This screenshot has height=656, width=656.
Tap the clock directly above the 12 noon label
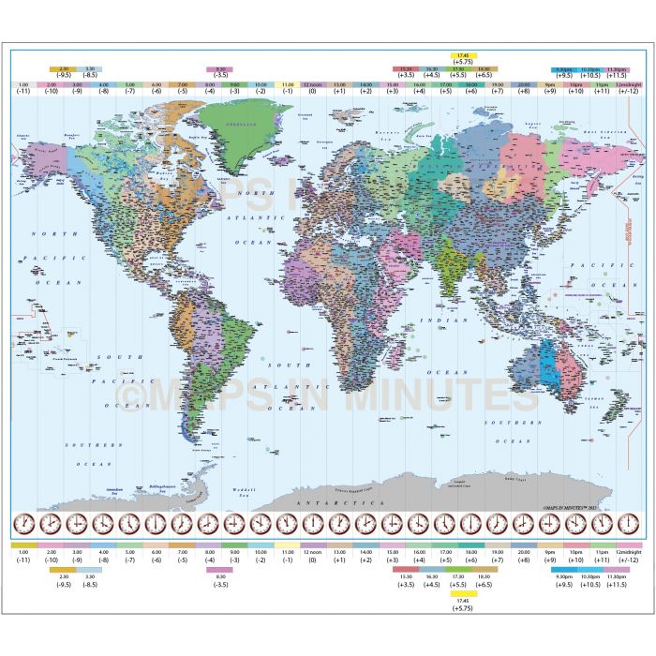click(x=313, y=522)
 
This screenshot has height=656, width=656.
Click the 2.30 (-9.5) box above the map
click(x=64, y=69)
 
